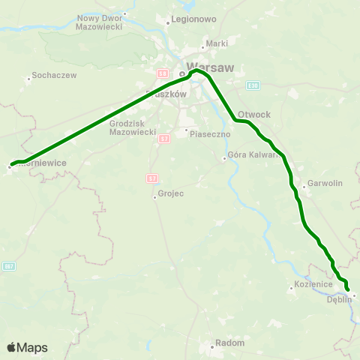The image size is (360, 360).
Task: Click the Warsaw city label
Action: (213, 67)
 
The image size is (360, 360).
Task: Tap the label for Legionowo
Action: (193, 17)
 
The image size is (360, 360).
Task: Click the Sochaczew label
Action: (53, 77)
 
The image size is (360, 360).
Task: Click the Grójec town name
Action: (169, 196)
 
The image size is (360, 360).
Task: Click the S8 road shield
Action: (162, 73)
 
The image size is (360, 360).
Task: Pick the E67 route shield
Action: (8, 266)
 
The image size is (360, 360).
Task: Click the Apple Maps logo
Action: (27, 348)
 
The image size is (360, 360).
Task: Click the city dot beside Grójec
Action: (154, 196)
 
